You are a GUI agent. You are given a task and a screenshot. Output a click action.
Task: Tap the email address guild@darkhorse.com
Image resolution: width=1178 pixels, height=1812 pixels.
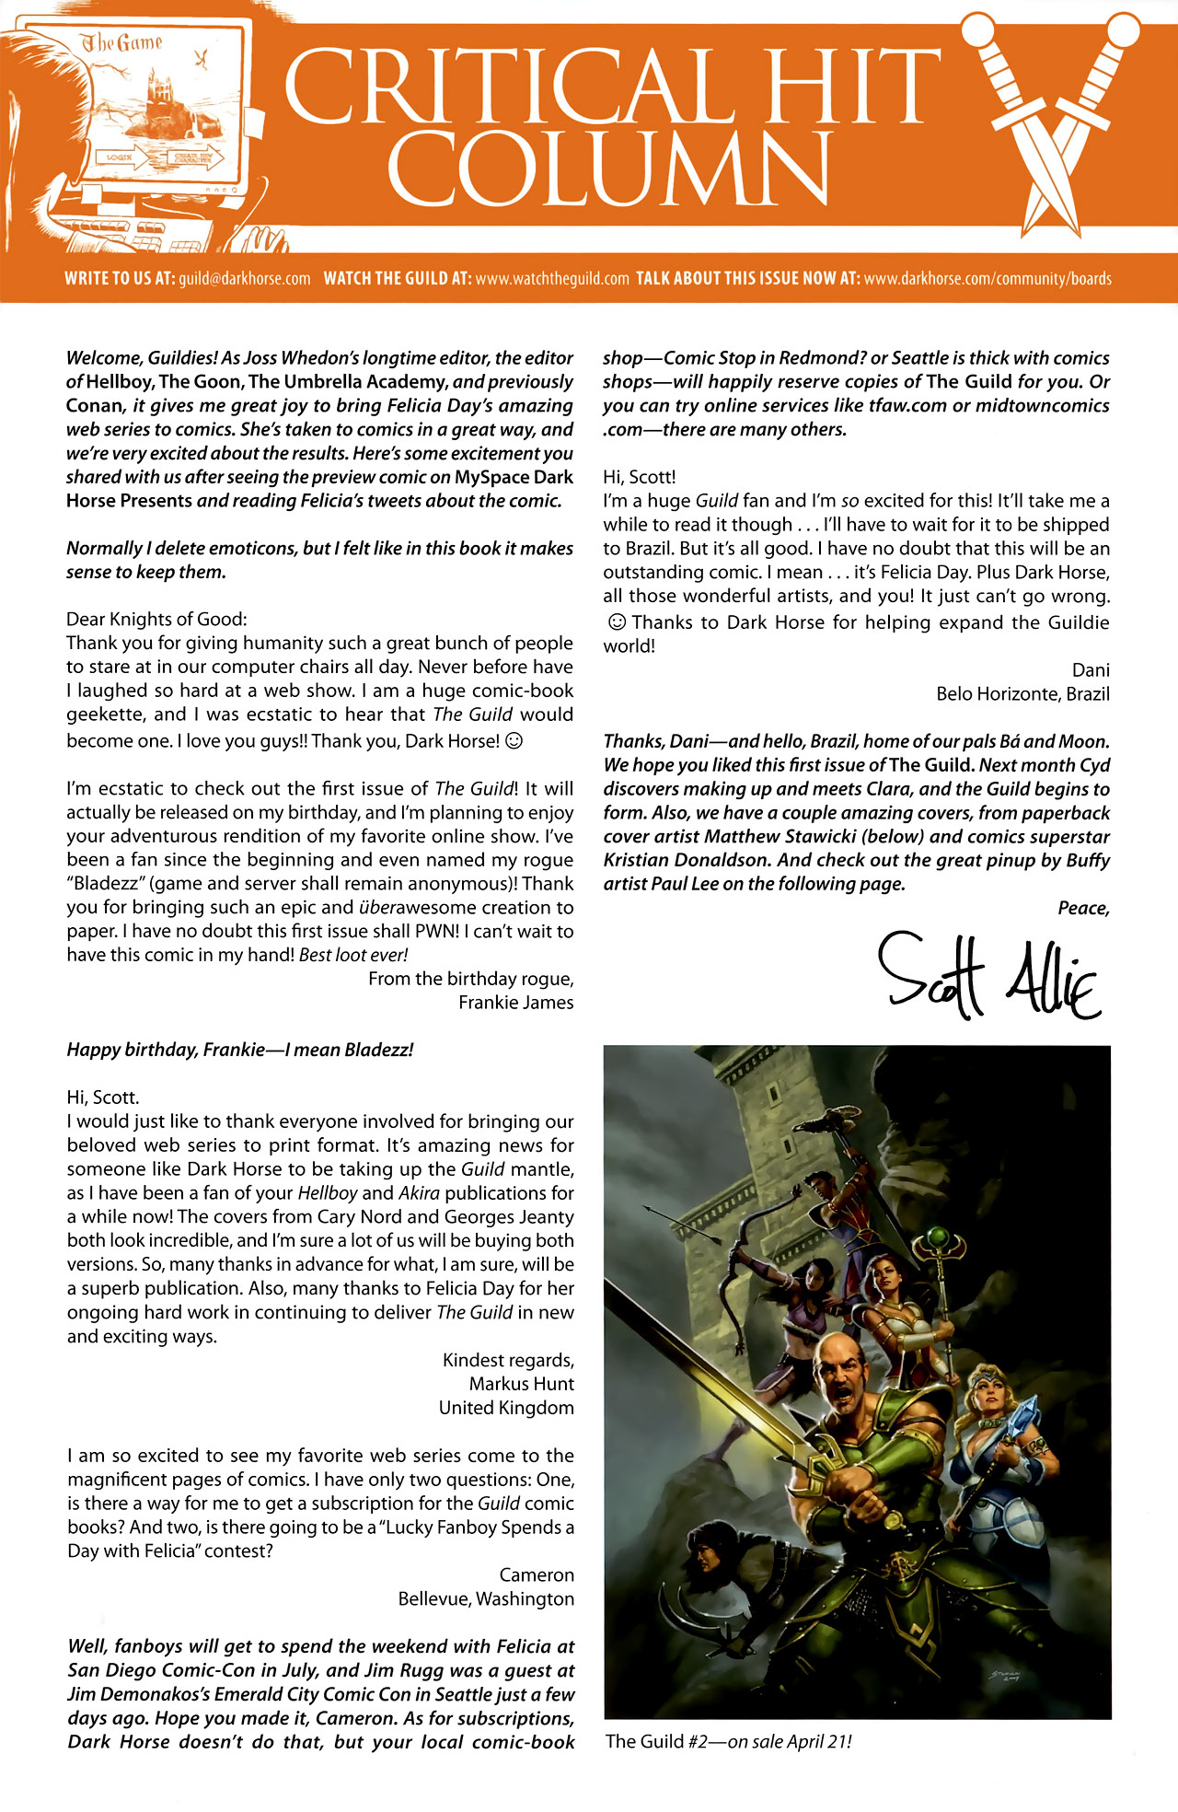[245, 279]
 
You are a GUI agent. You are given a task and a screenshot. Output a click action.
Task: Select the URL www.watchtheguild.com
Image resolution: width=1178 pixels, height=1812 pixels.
[551, 279]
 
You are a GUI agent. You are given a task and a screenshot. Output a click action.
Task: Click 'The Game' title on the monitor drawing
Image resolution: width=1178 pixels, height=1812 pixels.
[121, 43]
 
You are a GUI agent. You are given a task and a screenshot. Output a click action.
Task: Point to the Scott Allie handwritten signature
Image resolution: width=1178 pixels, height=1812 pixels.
[989, 975]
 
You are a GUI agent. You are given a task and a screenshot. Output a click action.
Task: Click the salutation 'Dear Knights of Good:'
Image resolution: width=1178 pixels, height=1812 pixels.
[156, 619]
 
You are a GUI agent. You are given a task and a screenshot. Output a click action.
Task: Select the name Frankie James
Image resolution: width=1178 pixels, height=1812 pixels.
[515, 1002]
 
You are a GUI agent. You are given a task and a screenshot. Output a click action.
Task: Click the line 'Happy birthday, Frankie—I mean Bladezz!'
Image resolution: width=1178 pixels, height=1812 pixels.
[239, 1050]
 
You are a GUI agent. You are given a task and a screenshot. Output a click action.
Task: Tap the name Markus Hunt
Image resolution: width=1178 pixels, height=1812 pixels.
[521, 1383]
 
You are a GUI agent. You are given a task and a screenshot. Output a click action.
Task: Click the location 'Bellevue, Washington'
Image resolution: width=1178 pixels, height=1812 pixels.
[486, 1598]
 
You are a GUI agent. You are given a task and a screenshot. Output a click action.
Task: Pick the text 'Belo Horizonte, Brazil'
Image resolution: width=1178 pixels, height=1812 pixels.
[1022, 693]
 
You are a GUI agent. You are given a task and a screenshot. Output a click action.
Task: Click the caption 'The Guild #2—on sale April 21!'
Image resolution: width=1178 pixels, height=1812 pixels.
[728, 1741]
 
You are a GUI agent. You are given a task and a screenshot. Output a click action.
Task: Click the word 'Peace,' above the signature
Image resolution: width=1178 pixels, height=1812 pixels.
[1083, 908]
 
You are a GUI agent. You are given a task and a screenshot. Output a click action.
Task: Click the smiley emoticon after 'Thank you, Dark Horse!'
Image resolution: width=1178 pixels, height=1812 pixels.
[515, 740]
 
